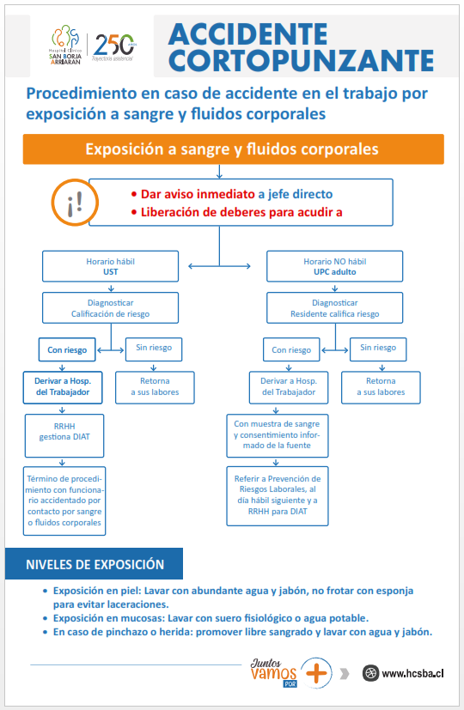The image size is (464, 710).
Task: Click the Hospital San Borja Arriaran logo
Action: [x=65, y=45]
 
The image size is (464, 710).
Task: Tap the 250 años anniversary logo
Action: [x=114, y=47]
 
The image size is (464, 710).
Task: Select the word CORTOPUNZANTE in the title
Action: [x=302, y=60]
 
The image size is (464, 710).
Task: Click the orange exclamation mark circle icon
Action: [x=74, y=202]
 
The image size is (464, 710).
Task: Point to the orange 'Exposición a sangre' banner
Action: [x=234, y=149]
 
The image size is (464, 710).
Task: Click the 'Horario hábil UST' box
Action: [x=111, y=266]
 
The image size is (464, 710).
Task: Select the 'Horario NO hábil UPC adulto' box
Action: [x=334, y=266]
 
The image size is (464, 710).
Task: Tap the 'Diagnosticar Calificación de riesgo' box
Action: [x=111, y=308]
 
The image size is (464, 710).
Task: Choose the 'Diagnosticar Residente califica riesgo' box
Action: [x=334, y=308]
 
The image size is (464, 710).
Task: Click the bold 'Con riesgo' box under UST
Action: [x=67, y=349]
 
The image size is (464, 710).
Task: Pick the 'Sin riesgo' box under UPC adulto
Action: [x=378, y=349]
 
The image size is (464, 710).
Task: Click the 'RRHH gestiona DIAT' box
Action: [x=64, y=435]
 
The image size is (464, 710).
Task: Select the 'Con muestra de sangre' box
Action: [x=278, y=435]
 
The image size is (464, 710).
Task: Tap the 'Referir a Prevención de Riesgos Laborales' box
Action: [x=278, y=496]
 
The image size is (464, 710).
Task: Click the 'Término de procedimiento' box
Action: [x=64, y=501]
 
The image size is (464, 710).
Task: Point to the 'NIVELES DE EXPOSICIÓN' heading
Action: [x=95, y=564]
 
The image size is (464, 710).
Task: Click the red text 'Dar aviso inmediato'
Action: [x=198, y=194]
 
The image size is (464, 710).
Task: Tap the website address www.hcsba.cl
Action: [x=412, y=673]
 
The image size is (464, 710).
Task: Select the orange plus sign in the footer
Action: [x=316, y=673]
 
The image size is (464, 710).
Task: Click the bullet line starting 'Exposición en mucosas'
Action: [x=211, y=618]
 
